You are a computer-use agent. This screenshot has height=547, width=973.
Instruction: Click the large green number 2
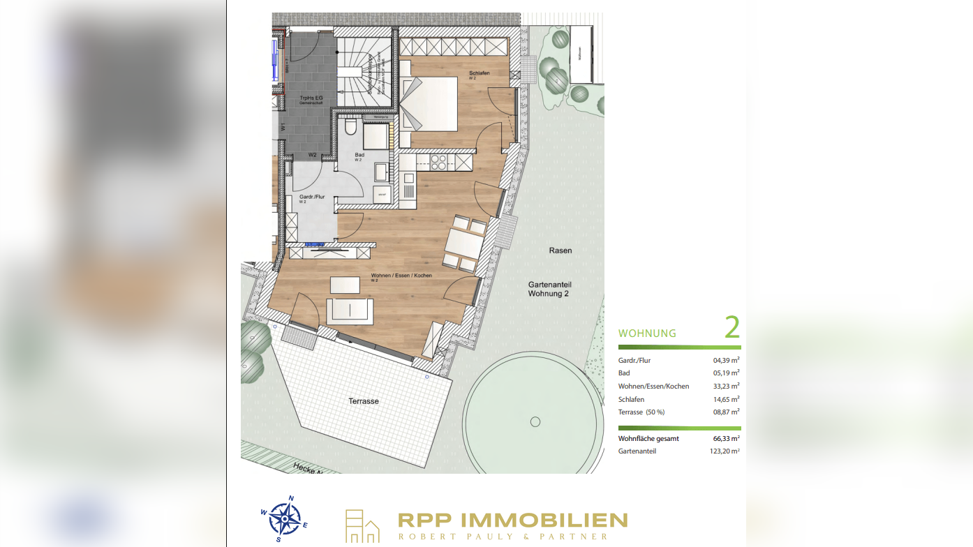point(731,327)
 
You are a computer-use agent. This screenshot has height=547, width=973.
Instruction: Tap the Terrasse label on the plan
point(364,401)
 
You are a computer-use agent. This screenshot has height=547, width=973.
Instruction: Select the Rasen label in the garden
point(560,250)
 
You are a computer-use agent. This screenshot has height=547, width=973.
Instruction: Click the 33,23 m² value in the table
point(726,386)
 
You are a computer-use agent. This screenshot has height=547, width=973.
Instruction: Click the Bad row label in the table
point(624,373)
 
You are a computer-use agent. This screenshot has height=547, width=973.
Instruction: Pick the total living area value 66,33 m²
point(726,439)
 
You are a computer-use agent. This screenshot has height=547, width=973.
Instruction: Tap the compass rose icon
point(285,518)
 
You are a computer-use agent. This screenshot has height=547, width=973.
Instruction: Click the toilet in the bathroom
point(351,128)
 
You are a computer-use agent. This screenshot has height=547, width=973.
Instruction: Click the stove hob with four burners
point(438,163)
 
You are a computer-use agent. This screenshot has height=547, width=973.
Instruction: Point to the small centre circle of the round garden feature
point(535,421)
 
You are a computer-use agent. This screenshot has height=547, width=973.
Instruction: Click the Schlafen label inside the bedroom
point(480,73)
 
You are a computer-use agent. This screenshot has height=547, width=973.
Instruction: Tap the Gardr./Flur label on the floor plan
point(312,197)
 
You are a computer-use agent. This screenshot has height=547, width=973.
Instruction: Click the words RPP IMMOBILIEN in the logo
point(512,520)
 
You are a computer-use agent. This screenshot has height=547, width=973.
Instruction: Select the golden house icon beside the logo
point(362,527)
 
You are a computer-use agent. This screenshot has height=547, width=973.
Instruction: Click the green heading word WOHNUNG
point(647,334)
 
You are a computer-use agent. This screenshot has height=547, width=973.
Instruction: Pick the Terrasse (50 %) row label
point(641,412)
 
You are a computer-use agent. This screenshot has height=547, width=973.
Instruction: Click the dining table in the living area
point(461,243)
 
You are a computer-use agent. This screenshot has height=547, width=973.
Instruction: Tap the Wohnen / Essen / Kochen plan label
point(401,276)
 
